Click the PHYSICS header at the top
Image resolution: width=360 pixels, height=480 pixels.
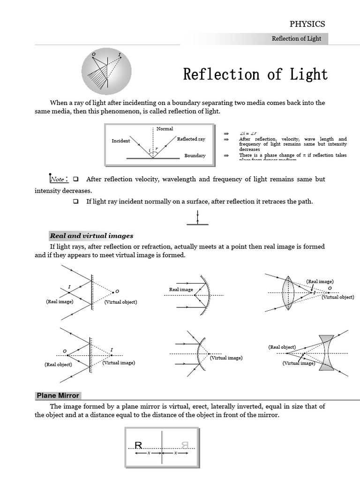tap(307, 24)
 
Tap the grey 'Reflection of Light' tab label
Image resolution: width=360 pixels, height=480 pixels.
tap(296, 38)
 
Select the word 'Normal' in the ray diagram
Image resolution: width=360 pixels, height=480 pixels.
tap(165, 128)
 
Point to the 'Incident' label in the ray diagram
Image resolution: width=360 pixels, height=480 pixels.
tap(120, 141)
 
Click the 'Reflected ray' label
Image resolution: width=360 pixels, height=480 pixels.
tap(191, 139)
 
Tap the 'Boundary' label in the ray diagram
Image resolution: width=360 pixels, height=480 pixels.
tap(195, 156)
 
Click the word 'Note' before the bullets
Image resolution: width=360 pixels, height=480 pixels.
tap(58, 179)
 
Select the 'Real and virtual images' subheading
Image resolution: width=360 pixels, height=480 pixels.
tap(91, 236)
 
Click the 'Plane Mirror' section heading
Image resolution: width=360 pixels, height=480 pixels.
tap(58, 396)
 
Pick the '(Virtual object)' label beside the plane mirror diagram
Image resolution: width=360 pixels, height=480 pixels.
tap(121, 302)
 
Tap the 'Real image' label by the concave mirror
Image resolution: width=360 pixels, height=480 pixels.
tap(181, 290)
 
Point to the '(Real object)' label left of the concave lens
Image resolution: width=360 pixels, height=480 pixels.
tap(282, 347)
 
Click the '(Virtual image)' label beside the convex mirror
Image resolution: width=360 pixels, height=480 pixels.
tap(226, 358)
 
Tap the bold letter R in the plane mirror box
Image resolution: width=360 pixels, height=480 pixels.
tap(138, 445)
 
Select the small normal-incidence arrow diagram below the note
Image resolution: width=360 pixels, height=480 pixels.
tap(198, 218)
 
